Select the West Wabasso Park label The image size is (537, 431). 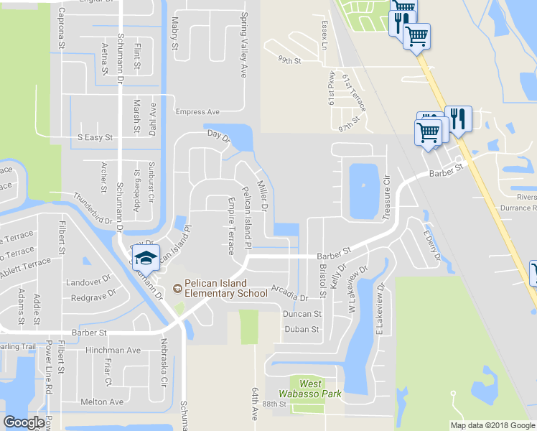coord(310,389)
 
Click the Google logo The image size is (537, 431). coord(24,422)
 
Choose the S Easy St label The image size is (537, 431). coord(95,137)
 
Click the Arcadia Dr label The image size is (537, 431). coord(289,292)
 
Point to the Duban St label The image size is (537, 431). coord(302,329)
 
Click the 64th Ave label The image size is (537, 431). coord(254,405)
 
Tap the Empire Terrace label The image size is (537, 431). coord(230,226)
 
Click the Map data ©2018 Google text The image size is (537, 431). coord(492,425)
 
